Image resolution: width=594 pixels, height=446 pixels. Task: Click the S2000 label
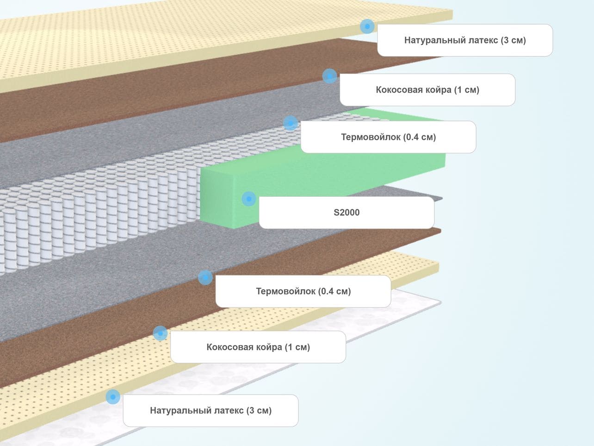click(x=346, y=213)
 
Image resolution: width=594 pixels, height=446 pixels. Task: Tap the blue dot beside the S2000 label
click(x=249, y=199)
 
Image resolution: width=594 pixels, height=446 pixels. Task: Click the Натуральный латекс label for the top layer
click(x=465, y=40)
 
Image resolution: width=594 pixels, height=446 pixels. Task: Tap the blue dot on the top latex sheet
click(x=367, y=26)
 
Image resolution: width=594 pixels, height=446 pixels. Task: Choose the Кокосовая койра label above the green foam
click(x=427, y=90)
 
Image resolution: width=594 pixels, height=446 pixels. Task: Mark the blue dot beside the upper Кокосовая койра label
click(x=329, y=76)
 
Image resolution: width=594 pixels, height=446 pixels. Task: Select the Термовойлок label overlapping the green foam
click(x=388, y=137)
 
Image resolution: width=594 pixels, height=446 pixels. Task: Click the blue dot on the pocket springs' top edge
click(x=291, y=123)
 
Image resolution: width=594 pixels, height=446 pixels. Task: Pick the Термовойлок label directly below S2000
click(x=303, y=291)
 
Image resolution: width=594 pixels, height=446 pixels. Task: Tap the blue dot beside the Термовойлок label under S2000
click(x=205, y=277)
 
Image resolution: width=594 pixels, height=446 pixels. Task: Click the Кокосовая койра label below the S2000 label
click(x=258, y=347)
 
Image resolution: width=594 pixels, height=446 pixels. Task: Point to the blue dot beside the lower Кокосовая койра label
click(x=160, y=333)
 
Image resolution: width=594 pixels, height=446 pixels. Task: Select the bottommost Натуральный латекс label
click(x=211, y=410)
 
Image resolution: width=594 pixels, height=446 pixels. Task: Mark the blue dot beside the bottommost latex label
click(x=113, y=397)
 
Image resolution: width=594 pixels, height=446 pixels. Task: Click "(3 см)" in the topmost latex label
click(x=513, y=40)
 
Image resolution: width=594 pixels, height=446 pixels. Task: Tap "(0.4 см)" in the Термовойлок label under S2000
click(x=334, y=291)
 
